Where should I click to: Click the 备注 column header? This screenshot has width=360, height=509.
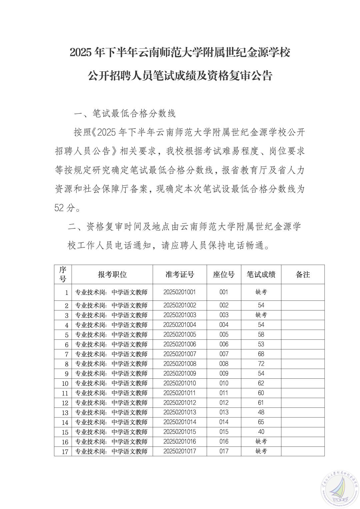[303, 274]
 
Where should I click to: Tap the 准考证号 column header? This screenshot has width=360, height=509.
[180, 274]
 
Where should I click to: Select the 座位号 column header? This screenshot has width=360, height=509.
[224, 274]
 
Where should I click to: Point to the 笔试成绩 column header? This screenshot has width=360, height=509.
[261, 274]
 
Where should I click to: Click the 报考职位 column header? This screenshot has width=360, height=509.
[112, 274]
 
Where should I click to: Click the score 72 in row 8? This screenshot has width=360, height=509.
[261, 364]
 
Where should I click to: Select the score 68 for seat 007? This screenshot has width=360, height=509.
[261, 354]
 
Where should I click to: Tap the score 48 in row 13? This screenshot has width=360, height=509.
[261, 412]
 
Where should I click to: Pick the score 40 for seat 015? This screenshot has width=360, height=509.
[261, 432]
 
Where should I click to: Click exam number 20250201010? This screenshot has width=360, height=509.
[180, 383]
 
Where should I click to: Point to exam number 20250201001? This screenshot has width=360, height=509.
[180, 292]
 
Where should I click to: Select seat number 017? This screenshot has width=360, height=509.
[224, 451]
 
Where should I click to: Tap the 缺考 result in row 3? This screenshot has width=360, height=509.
[261, 315]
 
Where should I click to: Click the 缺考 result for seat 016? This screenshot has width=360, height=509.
[261, 441]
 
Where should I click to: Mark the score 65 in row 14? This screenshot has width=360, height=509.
[261, 422]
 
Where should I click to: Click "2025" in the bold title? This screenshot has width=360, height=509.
[81, 53]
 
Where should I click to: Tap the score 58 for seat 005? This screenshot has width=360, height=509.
[261, 334]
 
